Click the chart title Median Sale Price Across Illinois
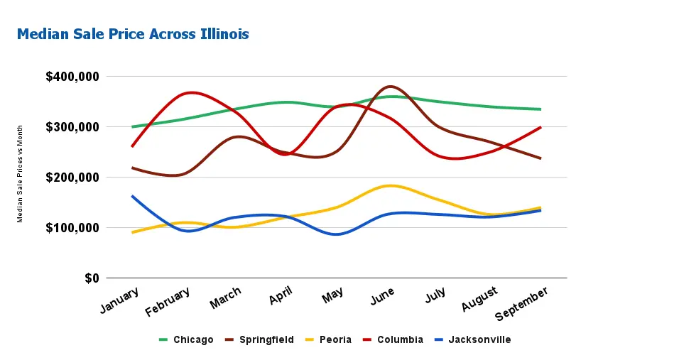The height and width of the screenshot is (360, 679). (133, 34)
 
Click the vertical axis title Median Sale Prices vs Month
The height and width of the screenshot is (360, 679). (21, 173)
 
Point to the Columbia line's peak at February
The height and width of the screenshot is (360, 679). (190, 92)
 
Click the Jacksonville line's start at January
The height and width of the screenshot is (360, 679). (132, 196)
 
